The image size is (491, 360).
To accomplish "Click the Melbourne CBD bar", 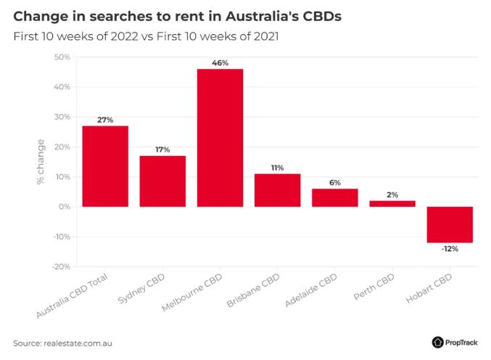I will coord(220,138).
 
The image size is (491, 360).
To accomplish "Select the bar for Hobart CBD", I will coord(450,224).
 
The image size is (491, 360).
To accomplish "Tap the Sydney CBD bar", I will coord(162,181).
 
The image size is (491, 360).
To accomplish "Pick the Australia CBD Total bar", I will coord(105,166).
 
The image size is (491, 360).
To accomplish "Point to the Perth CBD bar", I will coord(392,204).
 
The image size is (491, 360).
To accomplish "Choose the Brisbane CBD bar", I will coord(277,190).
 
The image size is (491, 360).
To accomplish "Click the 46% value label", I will coord(220,63).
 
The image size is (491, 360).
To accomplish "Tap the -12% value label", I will coord(450,249).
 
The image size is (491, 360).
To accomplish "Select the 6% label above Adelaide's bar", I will coord(335,183).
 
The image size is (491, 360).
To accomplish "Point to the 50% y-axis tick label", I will coord(61,57).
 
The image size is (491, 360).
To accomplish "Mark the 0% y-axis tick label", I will coord(63,207).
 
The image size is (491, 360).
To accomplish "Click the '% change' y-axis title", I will coord(41,162).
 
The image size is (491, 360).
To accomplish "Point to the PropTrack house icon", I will coord(437,342).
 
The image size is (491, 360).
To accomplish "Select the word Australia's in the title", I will coord(244,15).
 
